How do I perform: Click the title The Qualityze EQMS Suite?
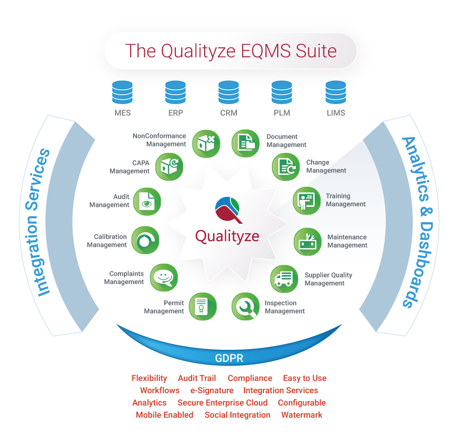click(230, 51)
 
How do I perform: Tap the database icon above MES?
click(122, 92)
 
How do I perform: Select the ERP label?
click(175, 113)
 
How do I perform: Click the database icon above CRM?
click(228, 92)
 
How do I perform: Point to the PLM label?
click(282, 113)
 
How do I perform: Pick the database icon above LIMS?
click(336, 92)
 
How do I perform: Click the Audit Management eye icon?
click(147, 201)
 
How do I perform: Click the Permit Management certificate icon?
click(202, 306)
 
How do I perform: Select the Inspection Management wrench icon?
click(246, 306)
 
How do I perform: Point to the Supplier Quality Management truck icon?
click(284, 279)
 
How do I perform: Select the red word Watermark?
click(302, 415)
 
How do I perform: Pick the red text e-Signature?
click(212, 391)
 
